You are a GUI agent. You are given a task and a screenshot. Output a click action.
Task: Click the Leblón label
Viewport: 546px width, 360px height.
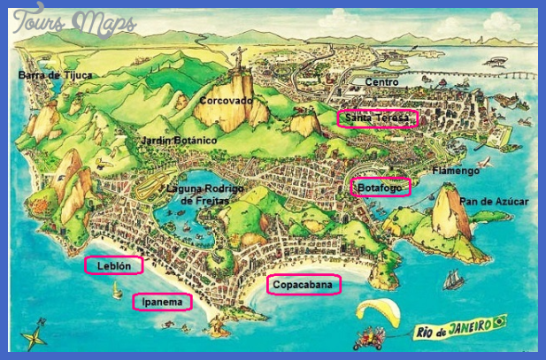(112, 265)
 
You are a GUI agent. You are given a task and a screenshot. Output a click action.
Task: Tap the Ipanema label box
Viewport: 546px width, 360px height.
(162, 303)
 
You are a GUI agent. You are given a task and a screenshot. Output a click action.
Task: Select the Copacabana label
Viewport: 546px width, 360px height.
(303, 285)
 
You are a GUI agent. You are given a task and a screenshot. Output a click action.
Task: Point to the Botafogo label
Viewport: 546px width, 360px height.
(381, 188)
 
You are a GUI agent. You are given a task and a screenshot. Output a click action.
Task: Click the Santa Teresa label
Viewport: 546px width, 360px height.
(376, 119)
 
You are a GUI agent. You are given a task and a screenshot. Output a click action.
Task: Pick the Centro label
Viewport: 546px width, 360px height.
(381, 82)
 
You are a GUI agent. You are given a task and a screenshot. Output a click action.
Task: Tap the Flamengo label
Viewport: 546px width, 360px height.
(456, 170)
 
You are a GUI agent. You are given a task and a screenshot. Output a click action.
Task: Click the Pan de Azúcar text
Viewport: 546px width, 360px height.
(493, 202)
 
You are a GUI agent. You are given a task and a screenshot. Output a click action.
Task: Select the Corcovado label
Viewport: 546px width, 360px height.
(226, 101)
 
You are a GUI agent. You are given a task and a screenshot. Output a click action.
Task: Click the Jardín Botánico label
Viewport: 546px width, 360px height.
(179, 141)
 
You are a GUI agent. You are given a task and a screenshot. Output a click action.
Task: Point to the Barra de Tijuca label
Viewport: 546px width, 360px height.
(55, 75)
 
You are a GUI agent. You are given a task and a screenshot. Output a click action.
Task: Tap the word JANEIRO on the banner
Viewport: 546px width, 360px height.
(469, 326)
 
